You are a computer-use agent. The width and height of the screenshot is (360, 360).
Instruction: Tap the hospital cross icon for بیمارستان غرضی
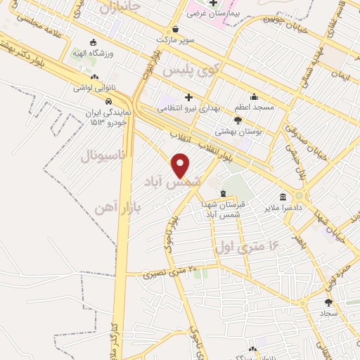[x=212, y=3]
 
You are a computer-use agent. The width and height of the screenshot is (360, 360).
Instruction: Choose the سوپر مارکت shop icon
[x=174, y=29]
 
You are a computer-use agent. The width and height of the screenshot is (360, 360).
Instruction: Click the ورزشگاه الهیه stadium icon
[x=93, y=42]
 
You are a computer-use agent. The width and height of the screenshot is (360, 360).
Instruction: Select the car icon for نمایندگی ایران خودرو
[x=108, y=103]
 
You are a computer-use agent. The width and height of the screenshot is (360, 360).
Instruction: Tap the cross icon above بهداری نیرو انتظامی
[x=188, y=97]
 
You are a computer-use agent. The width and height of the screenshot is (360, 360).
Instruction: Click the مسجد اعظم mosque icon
[x=253, y=97]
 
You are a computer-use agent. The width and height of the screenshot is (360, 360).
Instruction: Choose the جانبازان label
[x=120, y=8]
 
